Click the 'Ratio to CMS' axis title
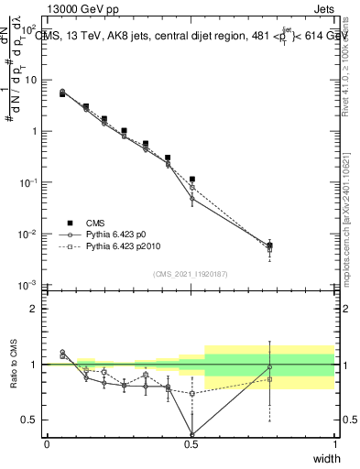tap(13, 376)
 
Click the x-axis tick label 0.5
tap(191, 444)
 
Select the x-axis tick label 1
tap(335, 444)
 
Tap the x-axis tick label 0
tap(47, 444)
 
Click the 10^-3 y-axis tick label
tap(30, 286)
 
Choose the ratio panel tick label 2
tap(34, 309)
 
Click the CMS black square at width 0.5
tap(191, 180)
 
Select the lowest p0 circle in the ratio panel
tap(191, 434)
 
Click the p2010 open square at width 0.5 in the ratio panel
tap(191, 394)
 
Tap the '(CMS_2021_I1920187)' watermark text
tap(191, 273)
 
